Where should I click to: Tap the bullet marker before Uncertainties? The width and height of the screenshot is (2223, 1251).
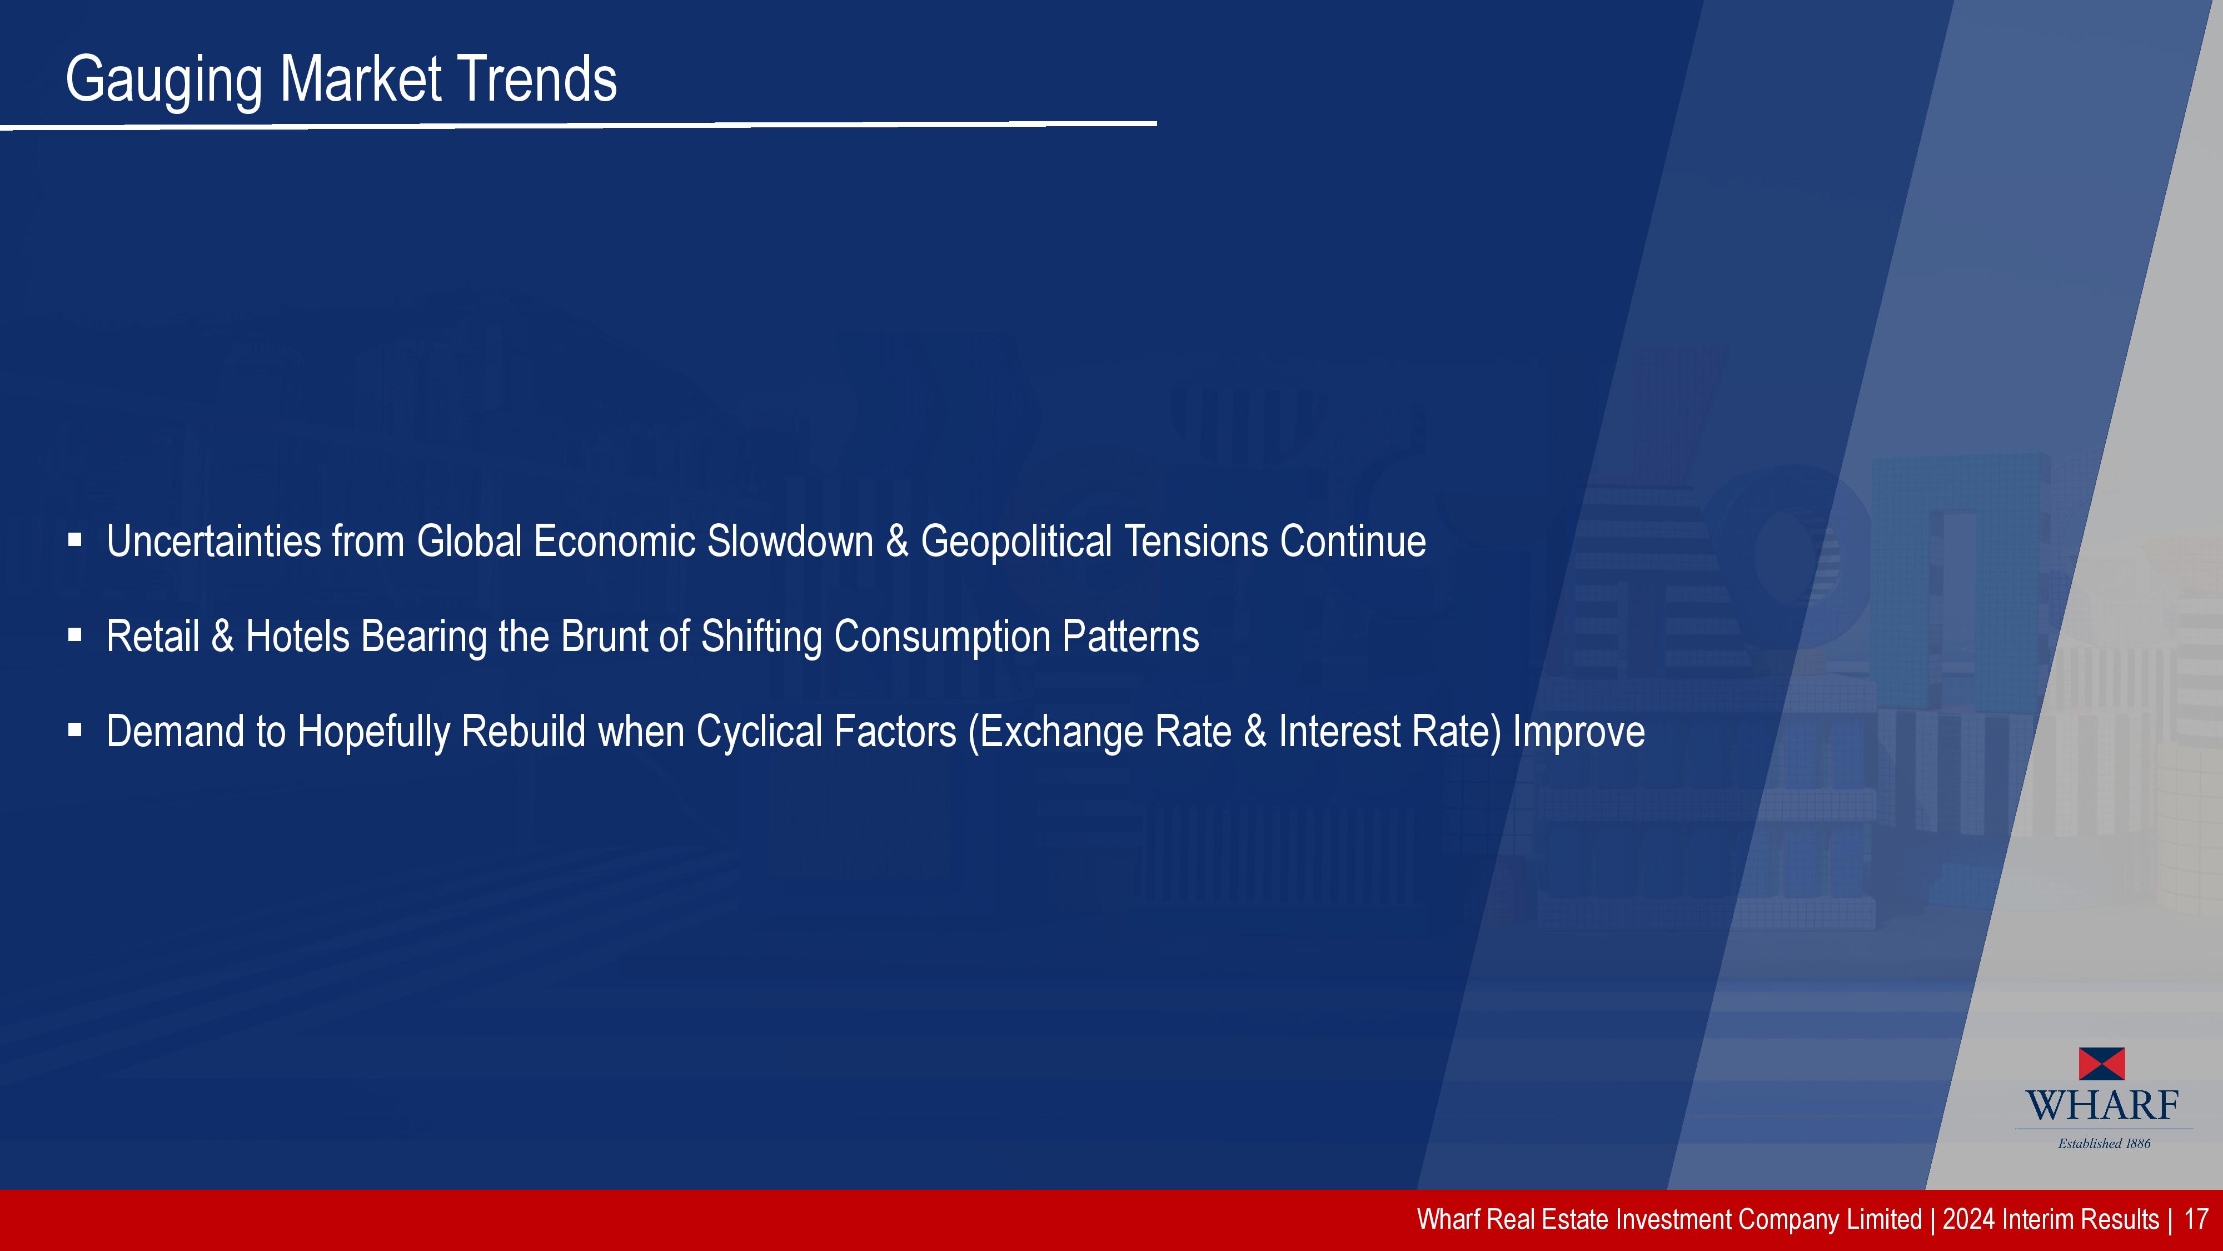pyautogui.click(x=75, y=540)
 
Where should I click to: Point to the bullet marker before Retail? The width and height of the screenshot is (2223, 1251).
pyautogui.click(x=75, y=636)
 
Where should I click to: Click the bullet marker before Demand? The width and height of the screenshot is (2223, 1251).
pyautogui.click(x=75, y=731)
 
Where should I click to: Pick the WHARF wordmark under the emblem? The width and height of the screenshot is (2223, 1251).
pyautogui.click(x=2102, y=1106)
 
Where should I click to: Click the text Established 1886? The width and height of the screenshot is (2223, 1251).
pyautogui.click(x=2104, y=1144)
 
